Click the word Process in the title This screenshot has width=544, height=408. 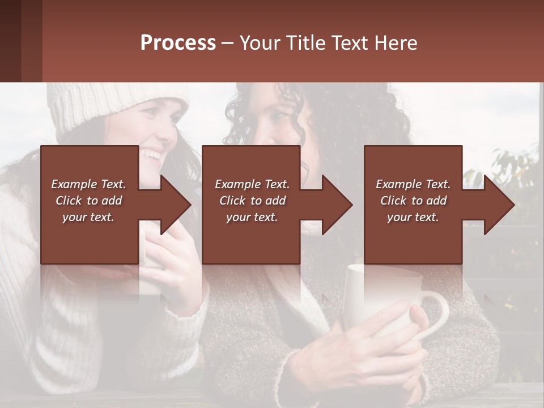tap(178, 42)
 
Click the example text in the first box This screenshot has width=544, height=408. tap(88, 201)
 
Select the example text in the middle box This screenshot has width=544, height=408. tap(252, 201)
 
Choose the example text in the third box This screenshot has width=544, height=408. tap(413, 201)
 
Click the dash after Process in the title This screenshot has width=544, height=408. tap(228, 43)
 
